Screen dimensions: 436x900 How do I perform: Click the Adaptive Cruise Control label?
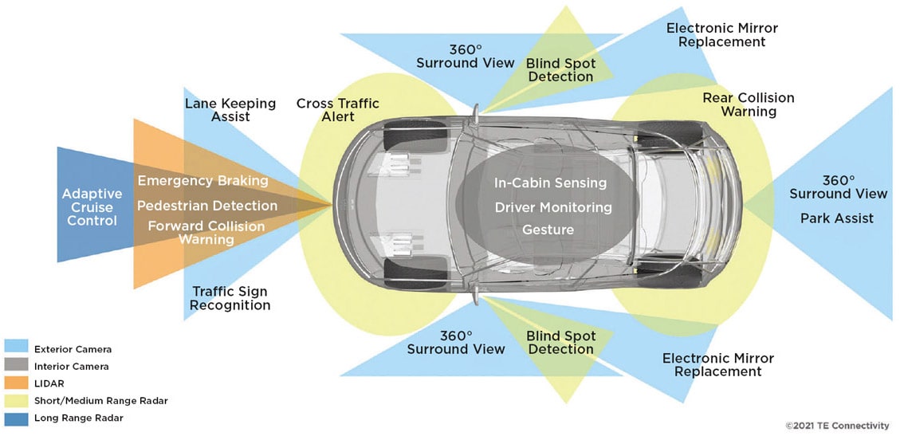tap(92, 206)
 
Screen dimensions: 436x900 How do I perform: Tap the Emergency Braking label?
tap(202, 181)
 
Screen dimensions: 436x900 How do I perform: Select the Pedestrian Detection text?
tap(207, 206)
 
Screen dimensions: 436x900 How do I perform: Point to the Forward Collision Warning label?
tap(206, 233)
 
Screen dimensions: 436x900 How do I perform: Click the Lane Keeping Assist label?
tap(230, 110)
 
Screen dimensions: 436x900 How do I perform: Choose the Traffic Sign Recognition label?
tap(230, 299)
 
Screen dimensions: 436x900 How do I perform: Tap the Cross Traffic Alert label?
tap(338, 110)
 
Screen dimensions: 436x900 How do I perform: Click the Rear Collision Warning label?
tap(748, 104)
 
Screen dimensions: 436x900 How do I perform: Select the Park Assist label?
tap(837, 218)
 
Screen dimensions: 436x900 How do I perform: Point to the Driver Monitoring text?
tap(553, 207)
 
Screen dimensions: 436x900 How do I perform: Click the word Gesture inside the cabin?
tap(549, 230)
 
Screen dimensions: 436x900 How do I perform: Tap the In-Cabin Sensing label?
tap(550, 183)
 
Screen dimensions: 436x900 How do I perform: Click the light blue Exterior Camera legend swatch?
tap(16, 349)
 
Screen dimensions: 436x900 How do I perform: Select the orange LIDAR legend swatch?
tap(16, 383)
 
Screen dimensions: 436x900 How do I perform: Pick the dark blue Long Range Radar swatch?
tap(16, 418)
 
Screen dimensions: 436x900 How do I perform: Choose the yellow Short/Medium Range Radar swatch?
tap(16, 401)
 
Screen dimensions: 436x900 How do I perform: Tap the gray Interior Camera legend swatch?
tap(16, 367)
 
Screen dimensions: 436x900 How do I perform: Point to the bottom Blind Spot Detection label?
tap(561, 343)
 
